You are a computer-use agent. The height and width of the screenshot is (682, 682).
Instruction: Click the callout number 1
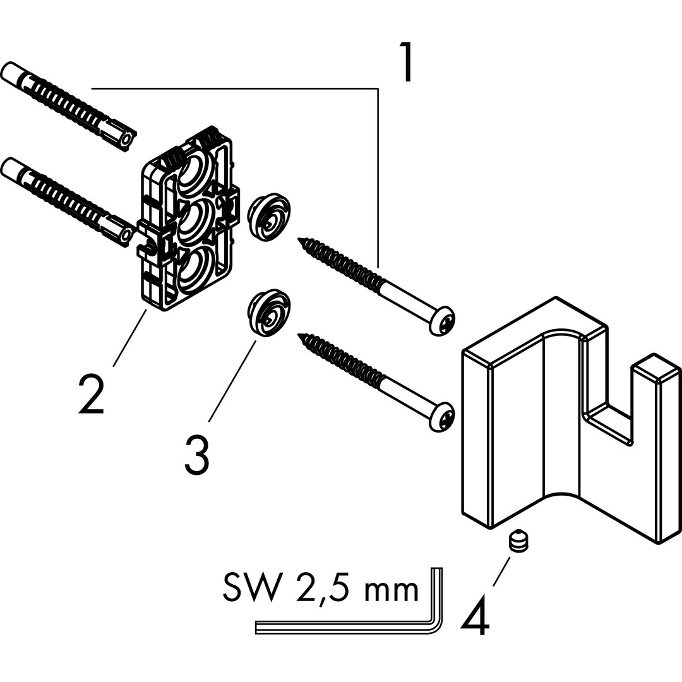[x=407, y=62]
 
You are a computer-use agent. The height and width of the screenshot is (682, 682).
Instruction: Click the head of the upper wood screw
[x=441, y=321]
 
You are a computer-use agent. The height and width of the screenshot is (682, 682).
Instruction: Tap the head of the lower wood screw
[x=441, y=417]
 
